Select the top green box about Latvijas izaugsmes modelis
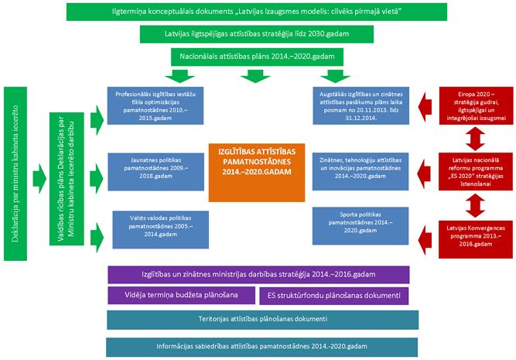(258, 12)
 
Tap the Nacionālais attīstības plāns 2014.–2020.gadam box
(258, 57)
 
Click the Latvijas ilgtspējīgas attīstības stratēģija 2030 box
(258, 35)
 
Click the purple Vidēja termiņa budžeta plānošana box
(183, 295)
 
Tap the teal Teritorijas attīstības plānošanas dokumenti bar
(262, 319)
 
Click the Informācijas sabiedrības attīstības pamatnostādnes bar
(262, 345)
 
